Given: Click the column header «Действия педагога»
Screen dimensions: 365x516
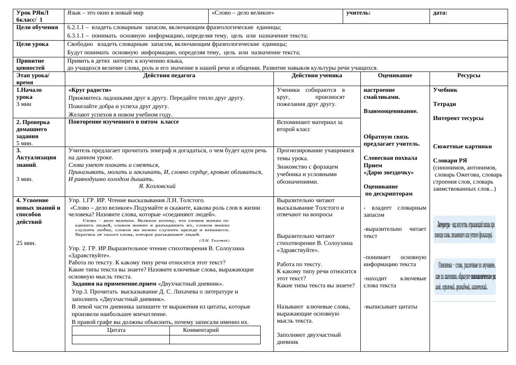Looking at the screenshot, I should click(x=169, y=75).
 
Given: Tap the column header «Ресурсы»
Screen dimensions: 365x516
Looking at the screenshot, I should click(x=468, y=75).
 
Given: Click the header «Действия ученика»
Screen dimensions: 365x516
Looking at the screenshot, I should click(x=317, y=75).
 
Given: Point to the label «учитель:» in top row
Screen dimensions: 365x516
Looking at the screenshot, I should click(x=358, y=13).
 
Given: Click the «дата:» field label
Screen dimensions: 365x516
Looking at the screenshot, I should click(x=440, y=13).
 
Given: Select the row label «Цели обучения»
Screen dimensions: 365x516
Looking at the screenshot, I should click(x=37, y=27).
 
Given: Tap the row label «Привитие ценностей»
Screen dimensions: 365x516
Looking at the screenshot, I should click(x=30, y=64).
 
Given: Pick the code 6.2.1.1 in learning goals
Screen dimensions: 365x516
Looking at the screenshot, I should click(x=78, y=27).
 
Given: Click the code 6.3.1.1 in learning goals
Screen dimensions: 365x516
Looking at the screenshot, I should click(x=78, y=36).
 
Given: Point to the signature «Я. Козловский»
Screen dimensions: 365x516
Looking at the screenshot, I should click(x=157, y=186).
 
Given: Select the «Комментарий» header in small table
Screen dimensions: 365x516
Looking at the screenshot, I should click(x=201, y=330).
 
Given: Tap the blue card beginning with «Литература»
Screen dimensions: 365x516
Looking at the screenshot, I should click(x=464, y=229).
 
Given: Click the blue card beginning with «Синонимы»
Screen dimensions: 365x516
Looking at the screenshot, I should click(x=464, y=276).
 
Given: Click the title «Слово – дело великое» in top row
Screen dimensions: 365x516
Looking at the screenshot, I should click(x=243, y=13).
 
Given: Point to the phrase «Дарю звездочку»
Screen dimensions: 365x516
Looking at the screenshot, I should click(x=389, y=173).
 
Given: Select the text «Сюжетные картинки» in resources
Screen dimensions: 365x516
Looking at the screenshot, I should click(x=462, y=147).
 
